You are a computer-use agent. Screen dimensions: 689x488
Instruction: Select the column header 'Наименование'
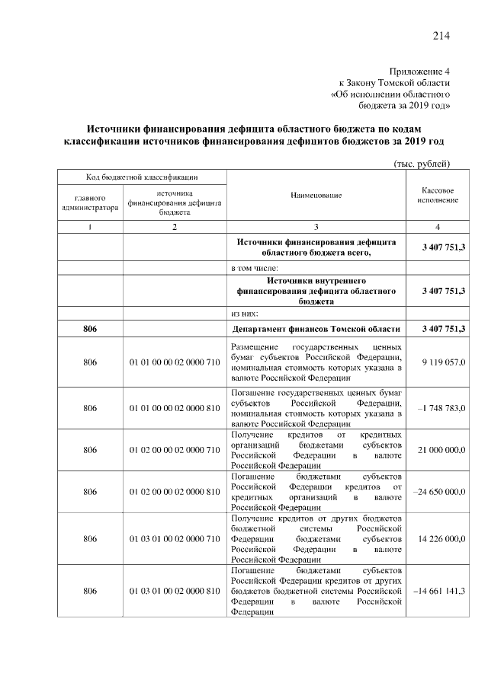[x=316, y=196]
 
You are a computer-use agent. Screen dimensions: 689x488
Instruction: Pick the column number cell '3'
[x=316, y=228]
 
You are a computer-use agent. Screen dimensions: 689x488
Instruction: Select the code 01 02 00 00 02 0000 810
[x=175, y=493]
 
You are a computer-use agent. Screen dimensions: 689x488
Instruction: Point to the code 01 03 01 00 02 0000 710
[x=175, y=539]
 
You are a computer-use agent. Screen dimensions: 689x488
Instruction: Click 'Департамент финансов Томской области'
[x=316, y=328]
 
